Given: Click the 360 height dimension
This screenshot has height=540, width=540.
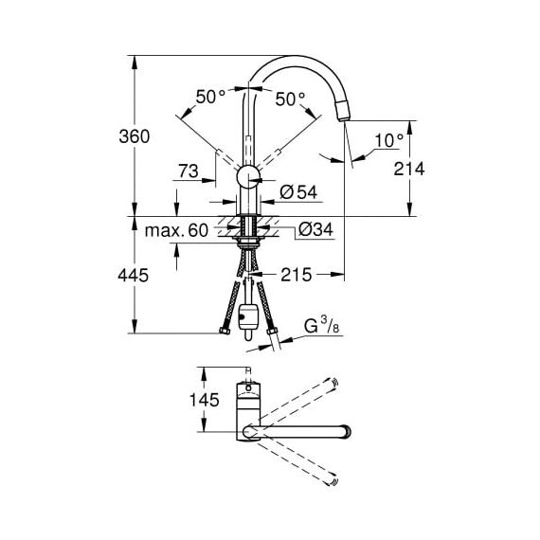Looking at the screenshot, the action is (x=135, y=136).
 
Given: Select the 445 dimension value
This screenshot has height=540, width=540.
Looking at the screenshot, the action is (x=134, y=276).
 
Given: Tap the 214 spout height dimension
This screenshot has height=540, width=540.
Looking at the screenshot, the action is (x=409, y=169).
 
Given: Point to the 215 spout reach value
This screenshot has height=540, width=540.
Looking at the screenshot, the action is (x=297, y=275).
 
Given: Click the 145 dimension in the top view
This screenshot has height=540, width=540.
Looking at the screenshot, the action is (x=205, y=400).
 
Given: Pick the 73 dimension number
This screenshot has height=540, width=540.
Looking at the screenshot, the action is (x=189, y=171).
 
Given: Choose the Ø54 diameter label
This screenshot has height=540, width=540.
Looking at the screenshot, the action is (x=298, y=191).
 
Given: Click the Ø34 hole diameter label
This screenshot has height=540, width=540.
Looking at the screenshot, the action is (x=315, y=229).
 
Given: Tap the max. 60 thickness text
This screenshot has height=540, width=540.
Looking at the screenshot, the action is (x=176, y=230).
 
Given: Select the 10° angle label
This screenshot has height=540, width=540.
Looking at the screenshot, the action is (x=388, y=140).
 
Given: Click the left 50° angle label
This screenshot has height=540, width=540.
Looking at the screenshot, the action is (x=210, y=97).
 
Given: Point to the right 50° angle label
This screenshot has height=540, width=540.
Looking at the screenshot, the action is (x=290, y=99).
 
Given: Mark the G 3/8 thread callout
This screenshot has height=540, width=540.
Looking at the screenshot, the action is (x=321, y=326).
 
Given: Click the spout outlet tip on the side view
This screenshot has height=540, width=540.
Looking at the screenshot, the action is (x=344, y=119).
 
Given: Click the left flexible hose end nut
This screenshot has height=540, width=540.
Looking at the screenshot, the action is (x=225, y=332).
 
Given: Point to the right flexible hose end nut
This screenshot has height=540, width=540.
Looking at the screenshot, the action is (x=272, y=332).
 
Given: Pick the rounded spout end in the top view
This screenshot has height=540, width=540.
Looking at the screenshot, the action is (x=347, y=432).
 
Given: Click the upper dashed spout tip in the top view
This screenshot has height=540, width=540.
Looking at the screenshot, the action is (x=333, y=383).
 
